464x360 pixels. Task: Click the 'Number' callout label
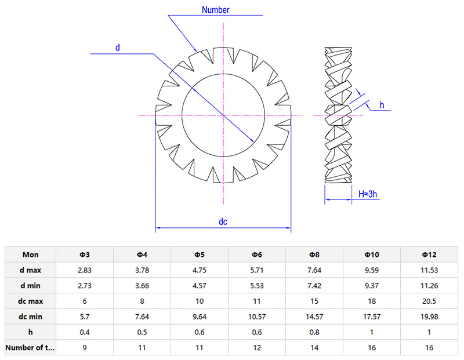pos(216,10)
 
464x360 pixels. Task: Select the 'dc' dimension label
pos(223,221)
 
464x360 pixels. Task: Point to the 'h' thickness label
pos(382,104)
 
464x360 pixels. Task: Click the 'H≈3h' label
pos(368,194)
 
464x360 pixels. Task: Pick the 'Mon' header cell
pos(31,254)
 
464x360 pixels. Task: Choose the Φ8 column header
pos(314,254)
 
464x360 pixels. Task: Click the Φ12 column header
pos(429,254)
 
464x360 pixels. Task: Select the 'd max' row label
pos(31,270)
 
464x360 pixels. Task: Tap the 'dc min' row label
pos(31,317)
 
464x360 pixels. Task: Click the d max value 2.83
pos(85,270)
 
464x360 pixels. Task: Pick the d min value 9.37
pos(372,285)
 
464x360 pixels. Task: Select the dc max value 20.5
pos(429,301)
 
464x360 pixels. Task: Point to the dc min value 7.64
pos(142,317)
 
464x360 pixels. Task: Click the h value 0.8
pos(314,332)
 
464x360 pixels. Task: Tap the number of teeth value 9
pos(85,348)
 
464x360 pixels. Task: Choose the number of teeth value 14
pos(314,348)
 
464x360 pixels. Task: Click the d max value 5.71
pos(257,270)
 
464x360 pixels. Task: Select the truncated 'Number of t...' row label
pos(31,348)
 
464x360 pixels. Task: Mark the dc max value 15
pos(314,301)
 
